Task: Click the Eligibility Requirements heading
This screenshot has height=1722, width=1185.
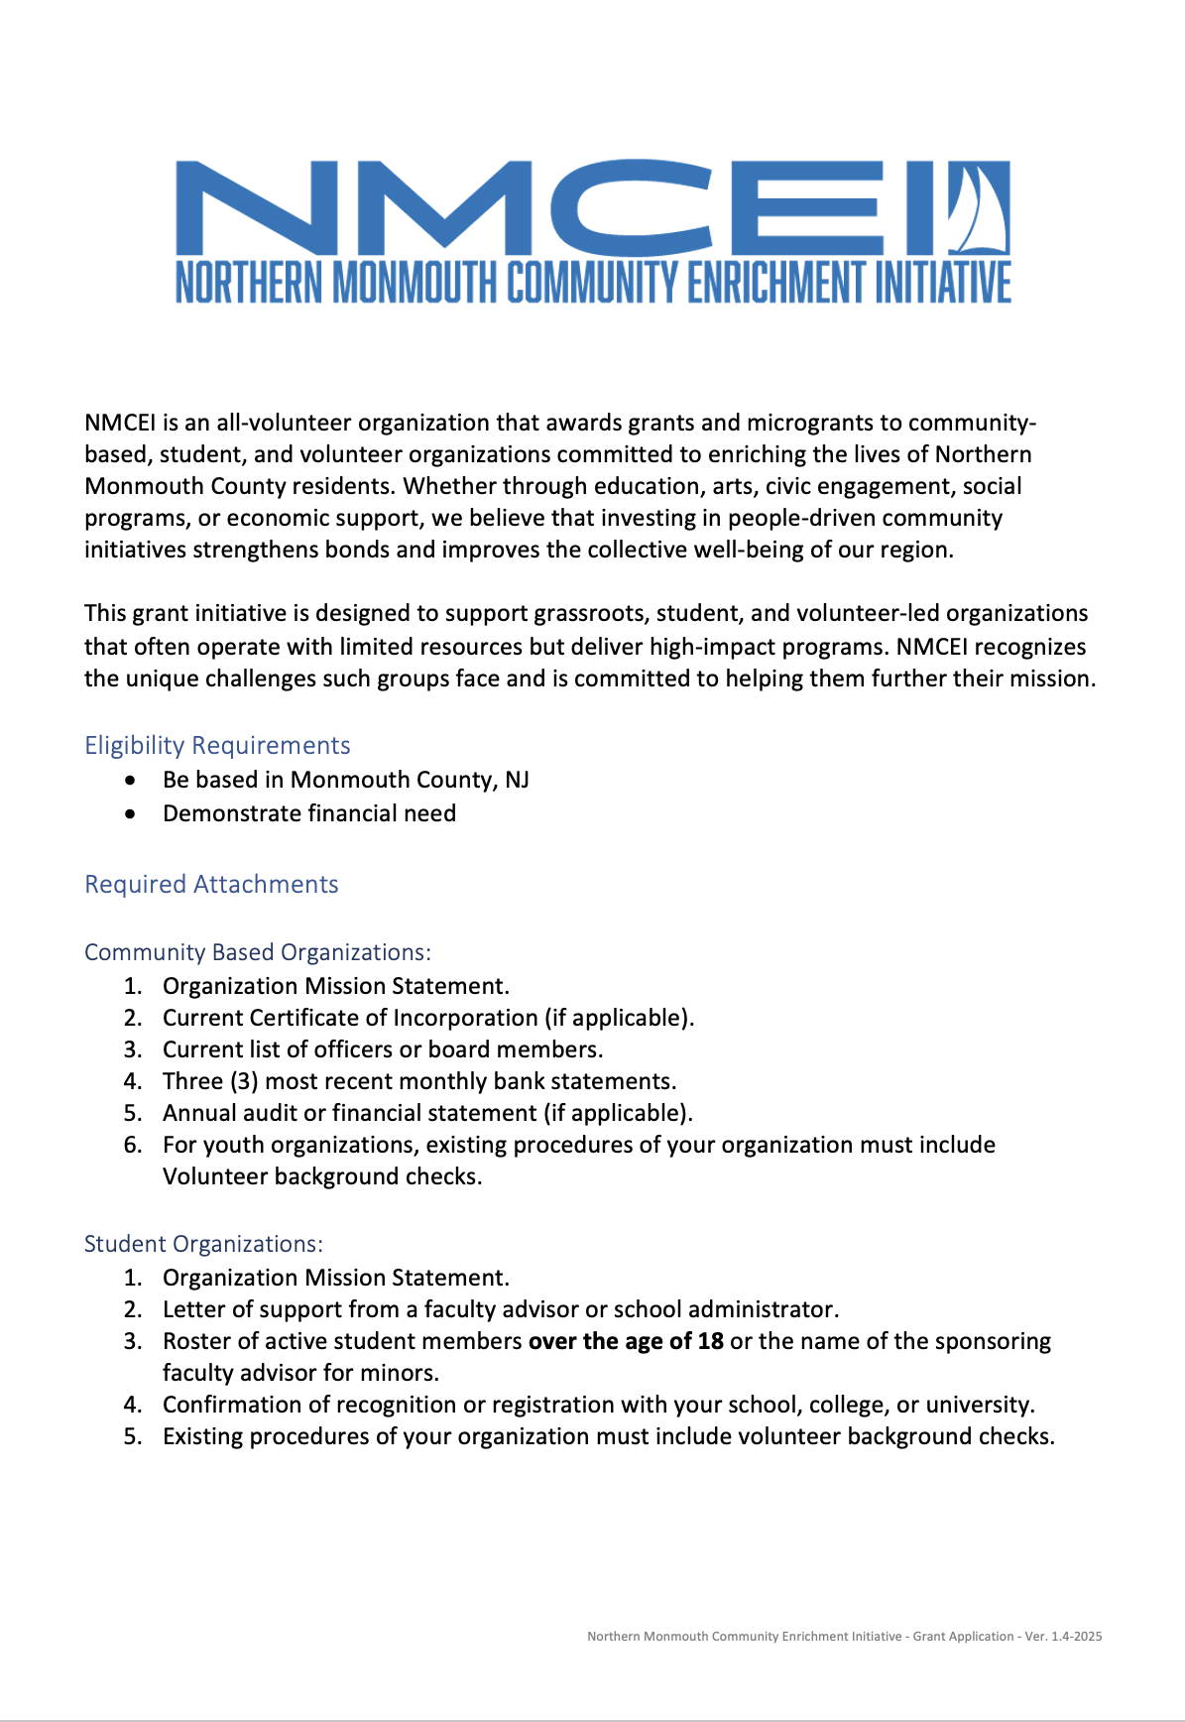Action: (x=217, y=745)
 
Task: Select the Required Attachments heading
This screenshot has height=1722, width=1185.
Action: (x=211, y=884)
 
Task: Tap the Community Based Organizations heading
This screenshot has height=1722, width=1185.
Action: (x=258, y=952)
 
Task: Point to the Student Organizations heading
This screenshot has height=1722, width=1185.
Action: (x=203, y=1244)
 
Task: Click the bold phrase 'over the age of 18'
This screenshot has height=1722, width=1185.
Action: (x=626, y=1341)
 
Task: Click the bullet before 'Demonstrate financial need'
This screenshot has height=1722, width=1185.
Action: (x=131, y=814)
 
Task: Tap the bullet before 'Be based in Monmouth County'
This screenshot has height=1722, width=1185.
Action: (x=131, y=781)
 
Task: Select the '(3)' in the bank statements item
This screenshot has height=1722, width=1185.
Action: (x=244, y=1081)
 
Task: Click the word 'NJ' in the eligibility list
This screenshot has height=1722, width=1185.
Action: (x=517, y=780)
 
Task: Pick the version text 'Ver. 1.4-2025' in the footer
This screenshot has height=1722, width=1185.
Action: (x=1063, y=1637)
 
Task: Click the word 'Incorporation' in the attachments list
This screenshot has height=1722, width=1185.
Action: (x=465, y=1018)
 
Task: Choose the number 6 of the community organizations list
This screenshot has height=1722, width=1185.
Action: (x=133, y=1145)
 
